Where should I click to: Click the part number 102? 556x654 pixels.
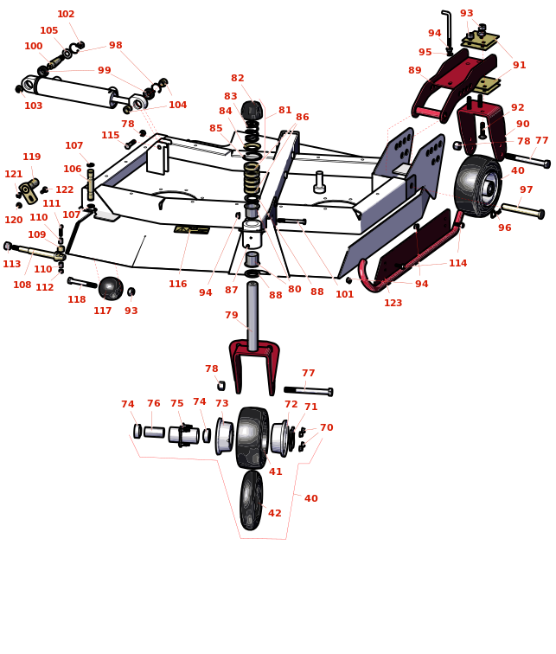pyautogui.click(x=66, y=14)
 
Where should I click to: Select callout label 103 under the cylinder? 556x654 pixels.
pyautogui.click(x=33, y=106)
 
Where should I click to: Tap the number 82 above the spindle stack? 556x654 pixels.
pyautogui.click(x=238, y=79)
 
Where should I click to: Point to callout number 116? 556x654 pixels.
pyautogui.click(x=177, y=285)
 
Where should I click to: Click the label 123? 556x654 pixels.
pyautogui.click(x=393, y=304)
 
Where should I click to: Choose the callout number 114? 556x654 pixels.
pyautogui.click(x=457, y=264)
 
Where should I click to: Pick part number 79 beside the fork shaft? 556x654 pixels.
pyautogui.click(x=232, y=316)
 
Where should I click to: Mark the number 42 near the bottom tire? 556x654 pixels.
pyautogui.click(x=275, y=514)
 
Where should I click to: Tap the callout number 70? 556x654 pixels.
pyautogui.click(x=326, y=428)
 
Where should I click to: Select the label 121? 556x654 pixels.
pyautogui.click(x=14, y=175)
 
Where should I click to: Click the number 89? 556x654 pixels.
pyautogui.click(x=415, y=71)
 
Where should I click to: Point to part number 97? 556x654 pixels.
pyautogui.click(x=527, y=190)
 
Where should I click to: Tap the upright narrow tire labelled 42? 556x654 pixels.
pyautogui.click(x=251, y=500)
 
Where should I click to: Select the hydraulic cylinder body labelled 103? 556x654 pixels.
pyautogui.click(x=74, y=92)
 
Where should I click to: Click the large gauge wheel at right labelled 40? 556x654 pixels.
pyautogui.click(x=476, y=185)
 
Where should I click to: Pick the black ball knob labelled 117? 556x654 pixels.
pyautogui.click(x=110, y=288)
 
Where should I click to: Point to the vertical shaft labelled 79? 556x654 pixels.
pyautogui.click(x=252, y=316)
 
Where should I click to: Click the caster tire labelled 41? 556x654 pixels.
pyautogui.click(x=252, y=438)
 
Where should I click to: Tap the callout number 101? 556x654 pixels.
pyautogui.click(x=345, y=295)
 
